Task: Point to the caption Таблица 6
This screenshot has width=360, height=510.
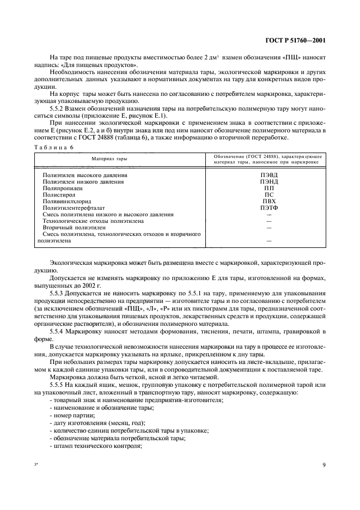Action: (x=50, y=147)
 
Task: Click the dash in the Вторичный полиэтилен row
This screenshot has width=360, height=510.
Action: (x=269, y=227)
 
